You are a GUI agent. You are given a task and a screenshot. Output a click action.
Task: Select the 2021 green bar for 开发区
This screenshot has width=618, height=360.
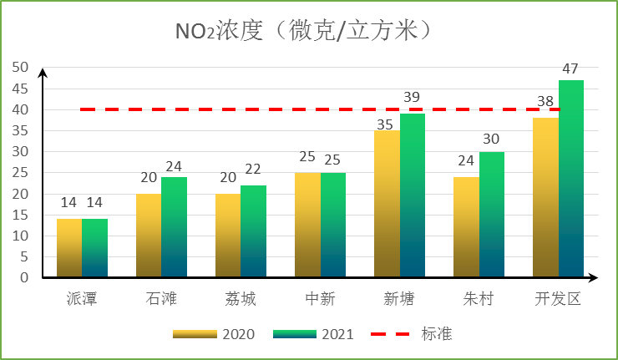[x=571, y=179]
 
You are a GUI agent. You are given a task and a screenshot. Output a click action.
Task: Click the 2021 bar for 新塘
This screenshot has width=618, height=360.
[x=413, y=195]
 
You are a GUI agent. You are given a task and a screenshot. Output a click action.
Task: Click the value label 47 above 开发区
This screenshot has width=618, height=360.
[x=571, y=68]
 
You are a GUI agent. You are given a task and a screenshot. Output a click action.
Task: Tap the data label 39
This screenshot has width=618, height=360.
[x=412, y=98]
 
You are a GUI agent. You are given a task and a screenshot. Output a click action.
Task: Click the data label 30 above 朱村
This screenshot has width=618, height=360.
[x=492, y=139]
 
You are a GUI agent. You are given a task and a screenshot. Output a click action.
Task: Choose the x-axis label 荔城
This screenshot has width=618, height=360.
[x=241, y=299]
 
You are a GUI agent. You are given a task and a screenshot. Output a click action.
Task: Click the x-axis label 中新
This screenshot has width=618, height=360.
[x=320, y=299]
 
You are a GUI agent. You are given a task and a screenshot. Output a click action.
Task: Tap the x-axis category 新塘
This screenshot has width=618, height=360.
[x=399, y=299]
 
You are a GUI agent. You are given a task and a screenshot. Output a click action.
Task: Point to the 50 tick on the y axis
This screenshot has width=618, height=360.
[x=19, y=68]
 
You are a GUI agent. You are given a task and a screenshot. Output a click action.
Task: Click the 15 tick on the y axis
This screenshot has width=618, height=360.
[x=19, y=215]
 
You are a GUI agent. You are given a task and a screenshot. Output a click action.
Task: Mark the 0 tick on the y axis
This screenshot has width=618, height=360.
[x=23, y=277]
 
